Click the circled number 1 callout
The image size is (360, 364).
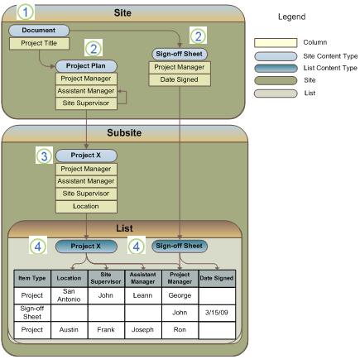tap(26, 12)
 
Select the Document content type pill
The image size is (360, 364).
tap(38, 31)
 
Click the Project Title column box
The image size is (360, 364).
tap(38, 43)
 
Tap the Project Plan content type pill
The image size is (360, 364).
tap(86, 66)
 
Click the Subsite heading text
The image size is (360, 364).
tap(124, 132)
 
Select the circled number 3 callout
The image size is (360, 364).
tap(44, 155)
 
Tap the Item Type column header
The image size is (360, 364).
tap(33, 278)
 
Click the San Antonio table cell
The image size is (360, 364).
tap(70, 295)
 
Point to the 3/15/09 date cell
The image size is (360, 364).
tap(218, 313)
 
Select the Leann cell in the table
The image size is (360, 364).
tap(142, 295)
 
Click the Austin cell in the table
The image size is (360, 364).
tap(70, 329)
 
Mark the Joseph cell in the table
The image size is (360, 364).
tap(142, 329)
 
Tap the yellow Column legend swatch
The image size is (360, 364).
tap(273, 40)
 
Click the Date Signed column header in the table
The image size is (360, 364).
tap(218, 278)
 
